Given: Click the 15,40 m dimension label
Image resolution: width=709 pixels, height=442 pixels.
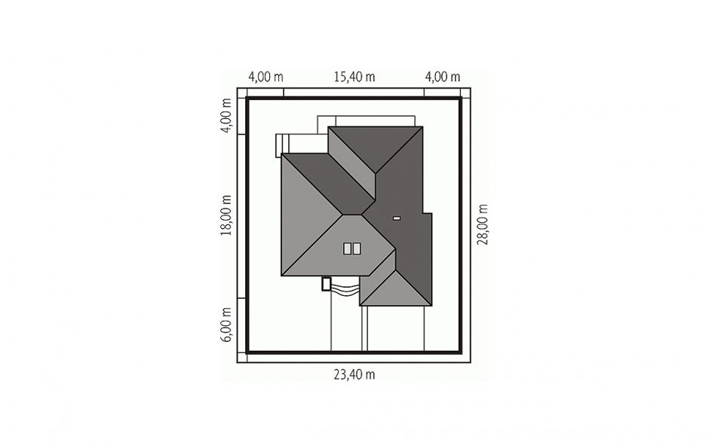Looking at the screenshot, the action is (x=354, y=78).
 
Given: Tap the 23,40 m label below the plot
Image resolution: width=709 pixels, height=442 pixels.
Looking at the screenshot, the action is (x=354, y=375).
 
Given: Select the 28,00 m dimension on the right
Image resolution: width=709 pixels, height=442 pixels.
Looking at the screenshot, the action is (x=483, y=224).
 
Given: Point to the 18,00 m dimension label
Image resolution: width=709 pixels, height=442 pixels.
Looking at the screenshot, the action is (x=226, y=215).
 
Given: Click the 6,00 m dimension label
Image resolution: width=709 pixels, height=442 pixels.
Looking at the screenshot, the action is (x=226, y=325).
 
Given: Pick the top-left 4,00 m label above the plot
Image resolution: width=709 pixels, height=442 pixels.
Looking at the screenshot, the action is (x=265, y=78).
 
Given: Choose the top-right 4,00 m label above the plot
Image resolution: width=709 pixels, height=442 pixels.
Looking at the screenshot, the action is (x=443, y=78).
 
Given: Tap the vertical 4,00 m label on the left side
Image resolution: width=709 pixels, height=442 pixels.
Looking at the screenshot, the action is (x=226, y=115).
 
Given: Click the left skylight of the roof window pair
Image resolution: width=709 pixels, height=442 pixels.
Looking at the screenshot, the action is (x=347, y=248).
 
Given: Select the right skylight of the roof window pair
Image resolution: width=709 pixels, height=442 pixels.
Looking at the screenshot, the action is (x=357, y=248).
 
